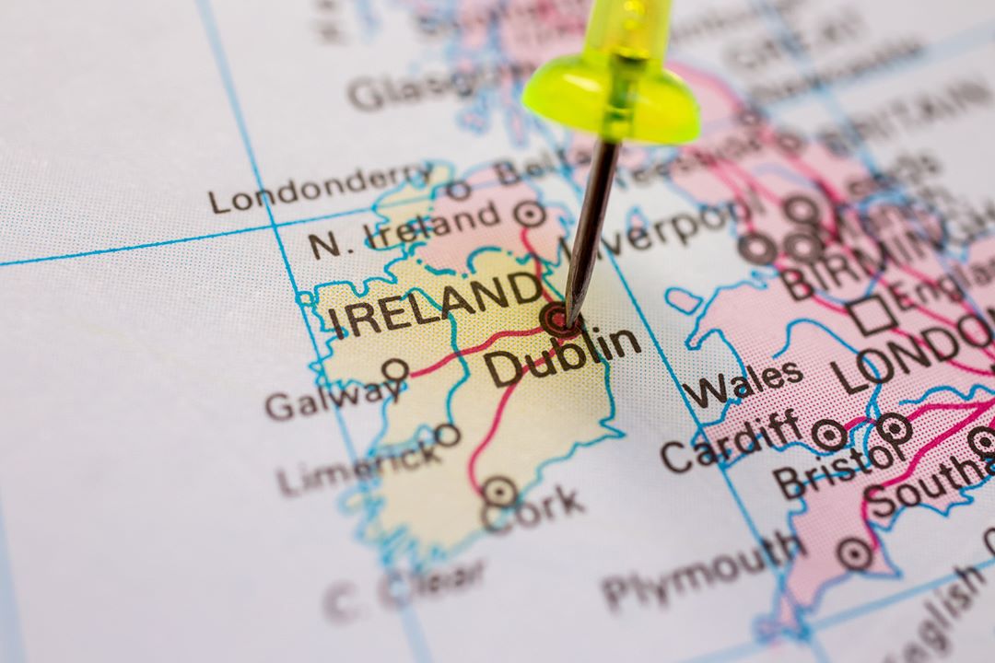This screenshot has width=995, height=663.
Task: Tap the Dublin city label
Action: pos(563,355)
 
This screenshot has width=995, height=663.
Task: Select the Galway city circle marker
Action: pos(395,370)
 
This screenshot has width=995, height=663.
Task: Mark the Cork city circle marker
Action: pos(499,492)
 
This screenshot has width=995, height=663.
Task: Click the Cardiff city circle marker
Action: pos(828,435)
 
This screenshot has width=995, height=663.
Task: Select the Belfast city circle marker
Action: pos(529,214)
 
